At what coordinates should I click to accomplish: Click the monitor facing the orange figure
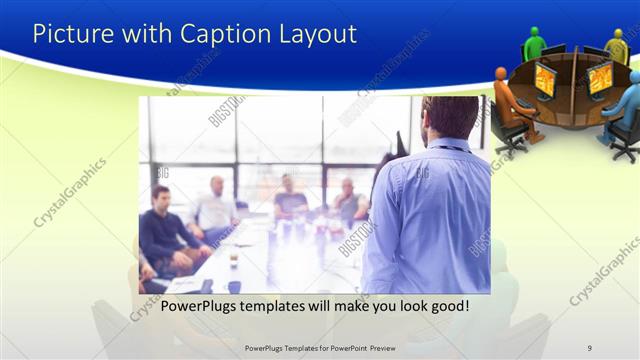(545, 80)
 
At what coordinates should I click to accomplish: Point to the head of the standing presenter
(449, 116)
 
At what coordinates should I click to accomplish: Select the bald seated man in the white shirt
(216, 206)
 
